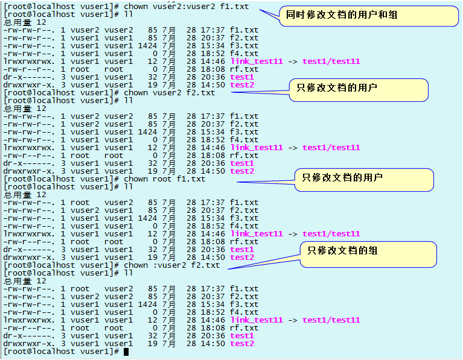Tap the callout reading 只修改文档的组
click(368, 251)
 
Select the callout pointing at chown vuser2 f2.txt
click(358, 89)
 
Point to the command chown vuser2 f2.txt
click(169, 93)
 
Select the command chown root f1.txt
click(164, 179)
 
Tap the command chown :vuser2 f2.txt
click(171, 265)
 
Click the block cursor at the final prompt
click(126, 352)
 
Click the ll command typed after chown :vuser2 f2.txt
click(128, 273)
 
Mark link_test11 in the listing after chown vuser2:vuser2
click(257, 61)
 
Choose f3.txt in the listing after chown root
click(244, 218)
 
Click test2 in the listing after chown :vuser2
click(242, 344)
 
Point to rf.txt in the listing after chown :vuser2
click(244, 328)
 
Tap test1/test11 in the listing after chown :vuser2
click(331, 320)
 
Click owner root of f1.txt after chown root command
click(80, 203)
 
